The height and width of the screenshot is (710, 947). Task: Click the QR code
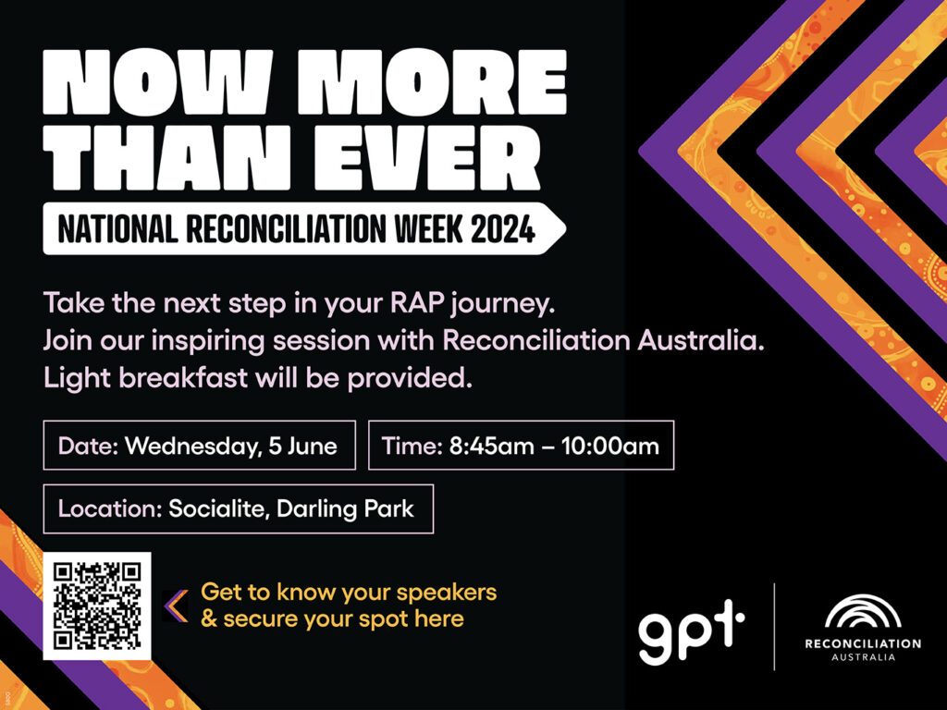tap(96, 606)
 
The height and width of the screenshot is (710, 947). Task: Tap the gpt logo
tap(691, 630)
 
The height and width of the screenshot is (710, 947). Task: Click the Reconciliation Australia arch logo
tap(863, 612)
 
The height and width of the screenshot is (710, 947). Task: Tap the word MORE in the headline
tap(433, 81)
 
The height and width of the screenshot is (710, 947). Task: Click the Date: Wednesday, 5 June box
tap(200, 446)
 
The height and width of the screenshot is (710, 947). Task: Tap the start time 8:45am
tap(492, 447)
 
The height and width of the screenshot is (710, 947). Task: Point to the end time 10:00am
tap(610, 447)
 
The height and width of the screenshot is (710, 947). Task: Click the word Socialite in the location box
tap(217, 509)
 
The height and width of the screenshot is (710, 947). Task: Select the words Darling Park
tap(346, 509)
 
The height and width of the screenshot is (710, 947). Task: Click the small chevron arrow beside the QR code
tap(177, 606)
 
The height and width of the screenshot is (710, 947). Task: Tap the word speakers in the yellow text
tap(447, 593)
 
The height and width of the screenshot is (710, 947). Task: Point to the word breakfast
tap(183, 378)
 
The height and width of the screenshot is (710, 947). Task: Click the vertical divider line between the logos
tap(774, 627)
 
